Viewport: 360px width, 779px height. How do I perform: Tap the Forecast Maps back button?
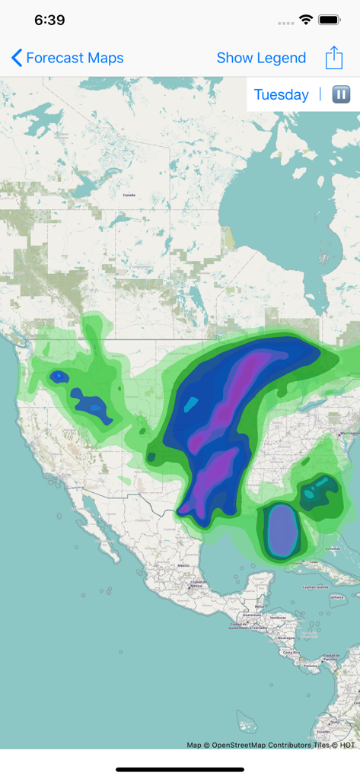[67, 58]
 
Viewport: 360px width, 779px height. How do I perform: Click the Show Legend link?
[261, 58]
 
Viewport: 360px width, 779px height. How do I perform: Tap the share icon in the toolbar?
[334, 58]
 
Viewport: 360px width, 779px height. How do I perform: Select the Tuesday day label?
[281, 94]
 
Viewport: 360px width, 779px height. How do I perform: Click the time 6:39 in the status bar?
[49, 21]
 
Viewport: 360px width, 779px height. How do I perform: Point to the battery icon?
[330, 20]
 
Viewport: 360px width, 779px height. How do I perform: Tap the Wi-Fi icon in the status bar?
[306, 20]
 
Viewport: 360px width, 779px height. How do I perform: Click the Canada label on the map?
[129, 195]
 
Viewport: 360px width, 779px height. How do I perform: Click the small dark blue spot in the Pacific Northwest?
[59, 377]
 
